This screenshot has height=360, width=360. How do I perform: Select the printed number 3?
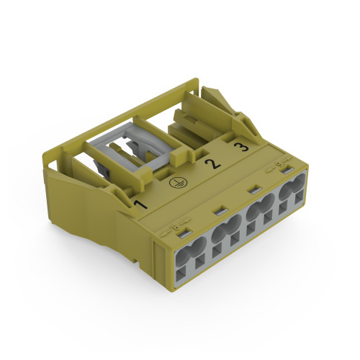tap(243, 146)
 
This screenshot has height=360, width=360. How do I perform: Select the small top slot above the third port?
tap(253, 191)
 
